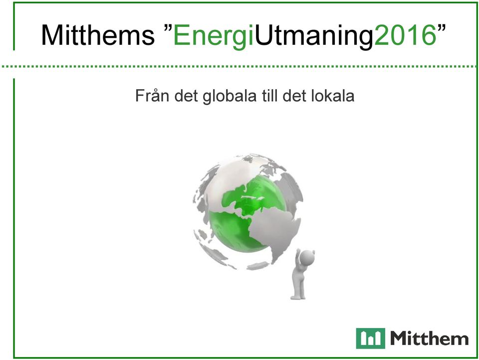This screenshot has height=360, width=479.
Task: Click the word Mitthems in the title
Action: (98, 34)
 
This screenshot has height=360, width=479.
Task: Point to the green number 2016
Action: (405, 35)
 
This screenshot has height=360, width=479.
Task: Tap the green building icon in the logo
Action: (370, 339)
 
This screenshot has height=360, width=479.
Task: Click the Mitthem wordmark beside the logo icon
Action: (429, 339)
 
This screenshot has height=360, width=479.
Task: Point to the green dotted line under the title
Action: (239, 66)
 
